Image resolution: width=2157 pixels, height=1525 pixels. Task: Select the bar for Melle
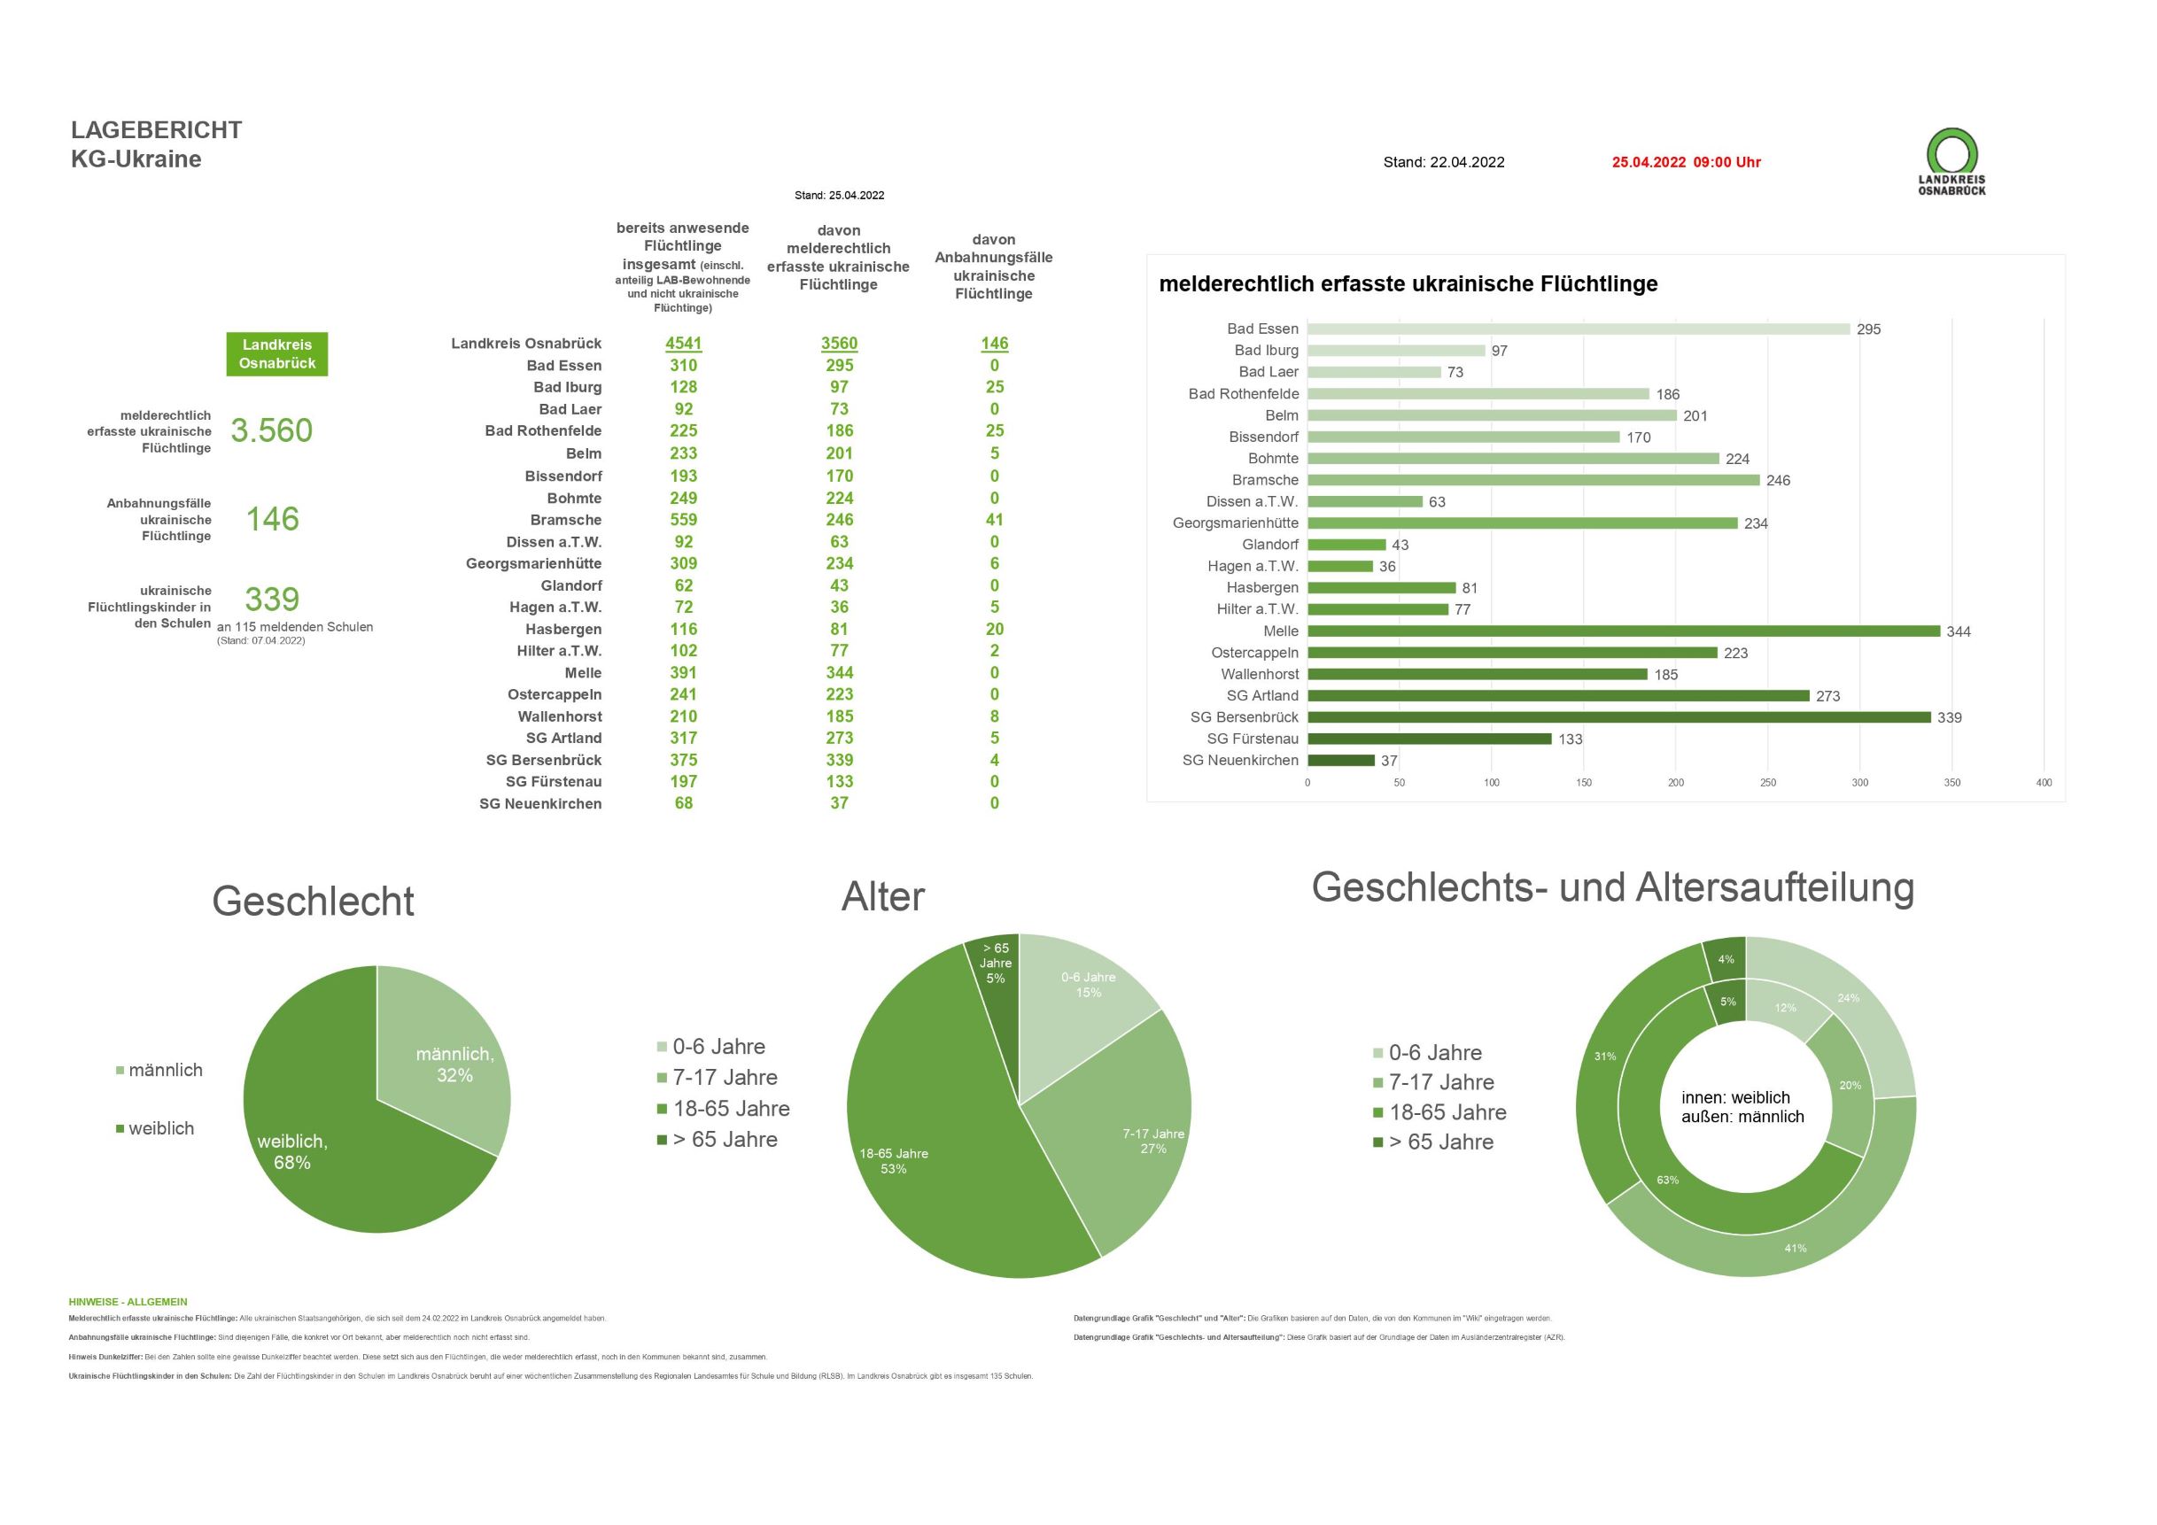click(x=1623, y=631)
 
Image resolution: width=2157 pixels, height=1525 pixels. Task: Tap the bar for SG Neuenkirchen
click(x=1340, y=761)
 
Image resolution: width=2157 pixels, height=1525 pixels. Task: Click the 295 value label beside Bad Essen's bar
click(x=1867, y=329)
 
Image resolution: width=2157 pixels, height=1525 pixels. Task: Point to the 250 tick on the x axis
click(x=1767, y=782)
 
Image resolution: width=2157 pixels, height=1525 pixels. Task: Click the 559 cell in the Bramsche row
click(x=683, y=520)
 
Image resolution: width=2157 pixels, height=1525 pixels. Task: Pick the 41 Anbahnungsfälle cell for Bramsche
click(x=994, y=520)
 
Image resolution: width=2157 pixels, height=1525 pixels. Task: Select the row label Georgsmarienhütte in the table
click(x=533, y=563)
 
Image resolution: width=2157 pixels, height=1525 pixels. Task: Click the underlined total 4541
click(x=683, y=344)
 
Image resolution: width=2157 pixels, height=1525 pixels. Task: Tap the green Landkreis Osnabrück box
click(x=277, y=354)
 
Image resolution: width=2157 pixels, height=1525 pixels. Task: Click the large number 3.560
click(x=271, y=430)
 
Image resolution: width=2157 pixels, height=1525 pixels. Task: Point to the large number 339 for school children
click(x=271, y=599)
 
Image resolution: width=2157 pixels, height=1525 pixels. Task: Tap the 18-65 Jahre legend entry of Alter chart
click(x=724, y=1109)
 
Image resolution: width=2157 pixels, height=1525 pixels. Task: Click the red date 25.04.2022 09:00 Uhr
click(x=1687, y=162)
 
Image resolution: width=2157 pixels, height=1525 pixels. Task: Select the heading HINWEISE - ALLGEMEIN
click(x=128, y=1303)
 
